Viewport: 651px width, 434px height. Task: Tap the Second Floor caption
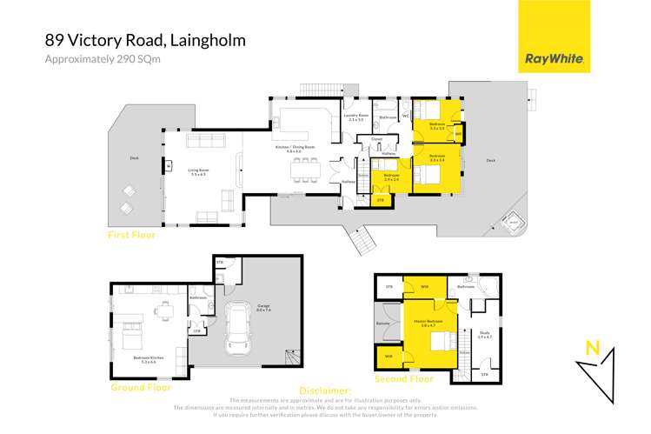click(x=403, y=379)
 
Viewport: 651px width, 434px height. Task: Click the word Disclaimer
click(x=324, y=391)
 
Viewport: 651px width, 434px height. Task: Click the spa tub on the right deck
click(x=513, y=224)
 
